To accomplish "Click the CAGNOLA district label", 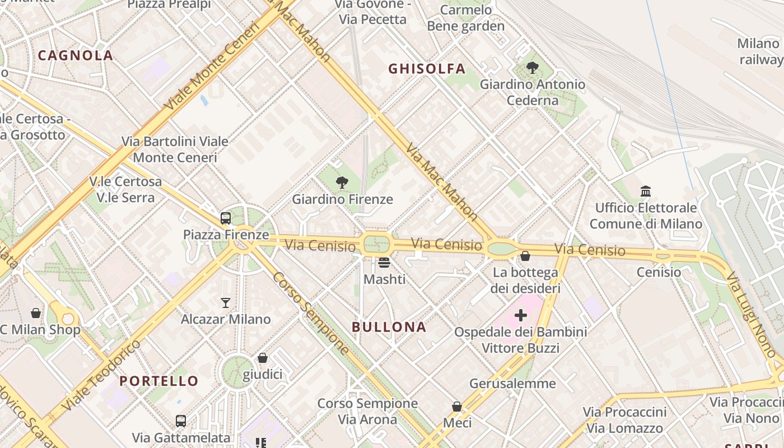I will pos(76,55).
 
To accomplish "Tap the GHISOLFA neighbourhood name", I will pos(427,69).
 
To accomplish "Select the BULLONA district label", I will pos(389,327).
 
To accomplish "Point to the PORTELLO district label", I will pos(159,381).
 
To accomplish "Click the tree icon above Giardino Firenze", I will pos(342,183).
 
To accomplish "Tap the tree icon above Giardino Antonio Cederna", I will pos(533,68).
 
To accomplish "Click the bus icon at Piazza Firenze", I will pos(226,218).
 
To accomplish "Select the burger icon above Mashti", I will pos(384,262).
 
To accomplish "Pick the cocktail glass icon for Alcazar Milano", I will pos(226,303).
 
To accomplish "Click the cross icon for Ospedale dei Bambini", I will pos(521,315).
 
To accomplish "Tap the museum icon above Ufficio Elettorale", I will pos(646,192).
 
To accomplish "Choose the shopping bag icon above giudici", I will pos(262,358).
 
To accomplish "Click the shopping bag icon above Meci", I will pos(457,407).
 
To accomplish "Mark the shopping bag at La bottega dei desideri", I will pos(525,256).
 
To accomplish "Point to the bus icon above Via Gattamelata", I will pos(181,421).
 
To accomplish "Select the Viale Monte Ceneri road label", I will pos(213,66).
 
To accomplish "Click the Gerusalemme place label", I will pos(512,384).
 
